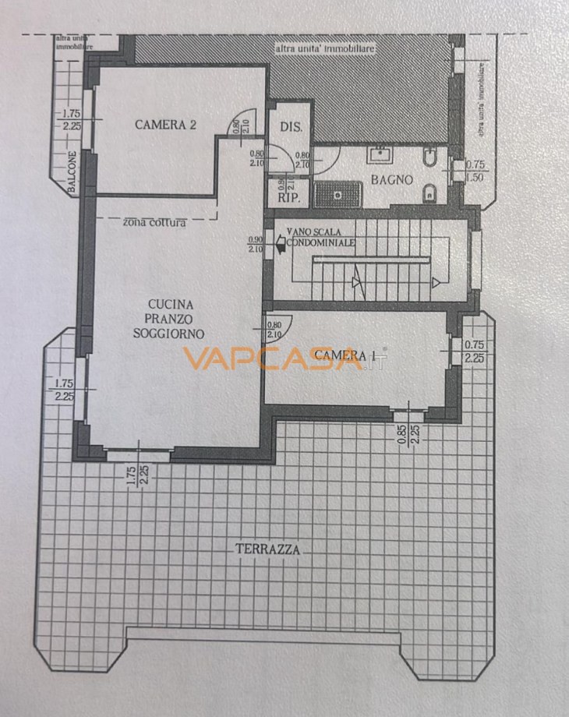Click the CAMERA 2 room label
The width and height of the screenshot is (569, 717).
click(164, 124)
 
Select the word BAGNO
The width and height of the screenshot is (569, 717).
click(391, 180)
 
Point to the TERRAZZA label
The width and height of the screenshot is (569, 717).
click(267, 549)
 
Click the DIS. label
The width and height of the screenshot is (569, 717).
click(290, 127)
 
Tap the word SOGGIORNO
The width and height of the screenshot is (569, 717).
click(168, 332)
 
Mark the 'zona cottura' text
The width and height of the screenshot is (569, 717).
click(154, 224)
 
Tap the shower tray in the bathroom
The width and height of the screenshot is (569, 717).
click(341, 191)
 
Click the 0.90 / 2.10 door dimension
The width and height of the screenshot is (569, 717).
click(255, 244)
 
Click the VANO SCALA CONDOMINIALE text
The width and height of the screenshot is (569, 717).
click(321, 237)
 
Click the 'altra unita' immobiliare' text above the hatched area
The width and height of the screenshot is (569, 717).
click(325, 49)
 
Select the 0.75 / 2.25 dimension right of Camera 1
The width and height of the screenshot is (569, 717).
click(474, 351)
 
